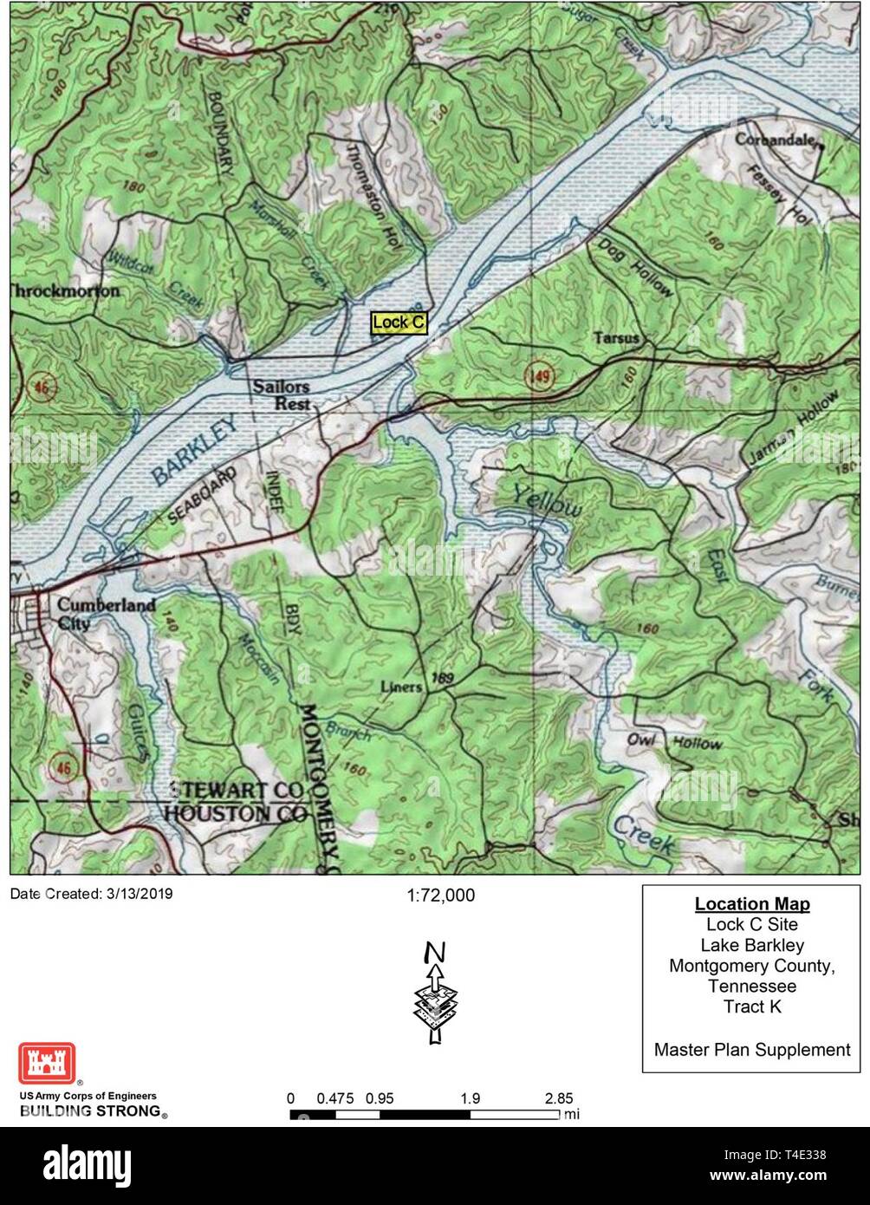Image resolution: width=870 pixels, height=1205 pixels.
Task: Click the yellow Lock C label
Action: tap(399, 322)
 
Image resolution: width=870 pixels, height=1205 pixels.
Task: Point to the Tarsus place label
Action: tap(617, 337)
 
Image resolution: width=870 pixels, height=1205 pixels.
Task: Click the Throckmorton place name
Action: tap(64, 291)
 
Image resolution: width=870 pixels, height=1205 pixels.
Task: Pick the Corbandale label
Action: tap(776, 139)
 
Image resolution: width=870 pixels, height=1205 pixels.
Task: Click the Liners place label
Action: tap(401, 687)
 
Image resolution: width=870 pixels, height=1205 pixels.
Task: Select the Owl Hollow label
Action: tap(674, 742)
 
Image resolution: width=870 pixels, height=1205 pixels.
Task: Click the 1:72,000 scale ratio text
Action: tap(440, 896)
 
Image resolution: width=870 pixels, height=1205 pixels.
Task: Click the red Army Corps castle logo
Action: tap(47, 1063)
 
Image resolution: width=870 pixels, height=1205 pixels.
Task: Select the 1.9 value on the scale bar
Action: tap(471, 1098)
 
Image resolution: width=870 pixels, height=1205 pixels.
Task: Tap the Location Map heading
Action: tap(752, 904)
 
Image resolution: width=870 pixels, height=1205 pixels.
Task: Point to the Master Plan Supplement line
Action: tap(752, 1050)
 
